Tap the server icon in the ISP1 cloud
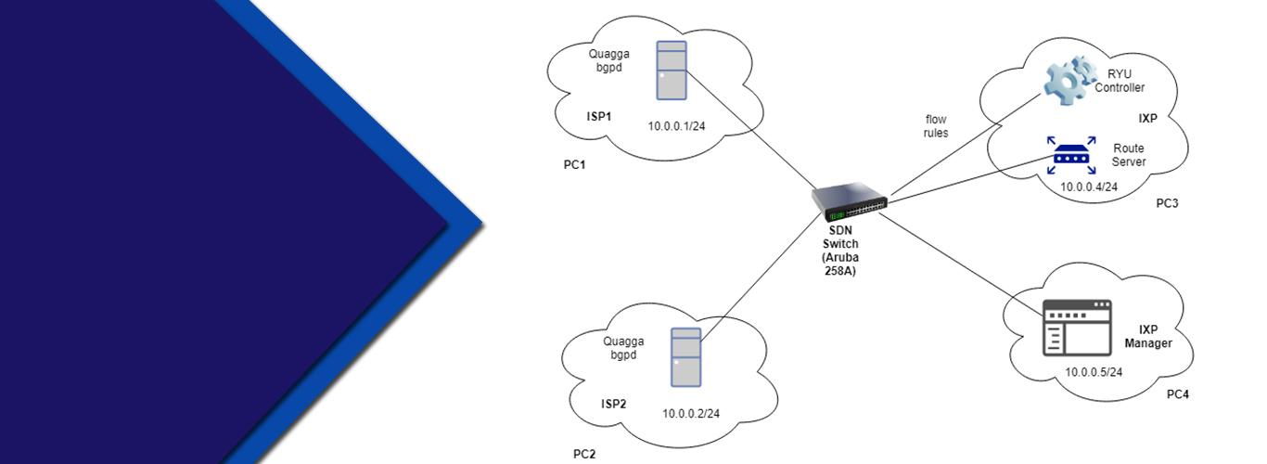672,71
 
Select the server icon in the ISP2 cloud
685,357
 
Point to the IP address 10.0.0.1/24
677,126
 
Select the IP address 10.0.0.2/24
691,414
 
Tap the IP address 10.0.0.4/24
1089,187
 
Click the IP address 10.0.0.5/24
1094,372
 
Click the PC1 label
576,165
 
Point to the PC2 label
584,454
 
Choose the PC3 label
1167,203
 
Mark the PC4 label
1177,394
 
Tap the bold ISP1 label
599,117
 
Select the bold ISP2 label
613,404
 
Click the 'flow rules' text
936,126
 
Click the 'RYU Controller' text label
1120,81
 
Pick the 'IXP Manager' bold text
1148,337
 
